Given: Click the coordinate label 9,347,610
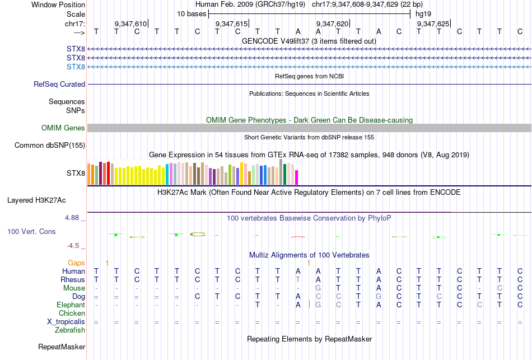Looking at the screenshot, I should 130,24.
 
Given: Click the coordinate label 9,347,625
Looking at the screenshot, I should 432,24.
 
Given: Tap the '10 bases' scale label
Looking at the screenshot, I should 192,13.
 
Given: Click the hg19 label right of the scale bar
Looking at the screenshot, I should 423,13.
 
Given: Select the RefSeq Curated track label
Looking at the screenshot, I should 59,85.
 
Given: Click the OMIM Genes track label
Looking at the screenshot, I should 63,128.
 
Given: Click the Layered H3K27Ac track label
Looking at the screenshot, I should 36,200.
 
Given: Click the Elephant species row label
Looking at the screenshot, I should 71,305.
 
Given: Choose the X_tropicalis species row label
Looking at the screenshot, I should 66,322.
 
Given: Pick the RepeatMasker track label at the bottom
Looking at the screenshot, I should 62,347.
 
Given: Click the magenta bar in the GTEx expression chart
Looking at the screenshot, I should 296,177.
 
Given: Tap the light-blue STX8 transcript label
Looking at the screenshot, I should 76,67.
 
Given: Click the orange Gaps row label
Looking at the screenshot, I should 76,263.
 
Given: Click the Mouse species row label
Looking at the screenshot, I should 74,288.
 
